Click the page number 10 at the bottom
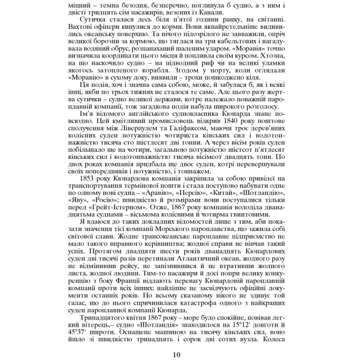[176, 354]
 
